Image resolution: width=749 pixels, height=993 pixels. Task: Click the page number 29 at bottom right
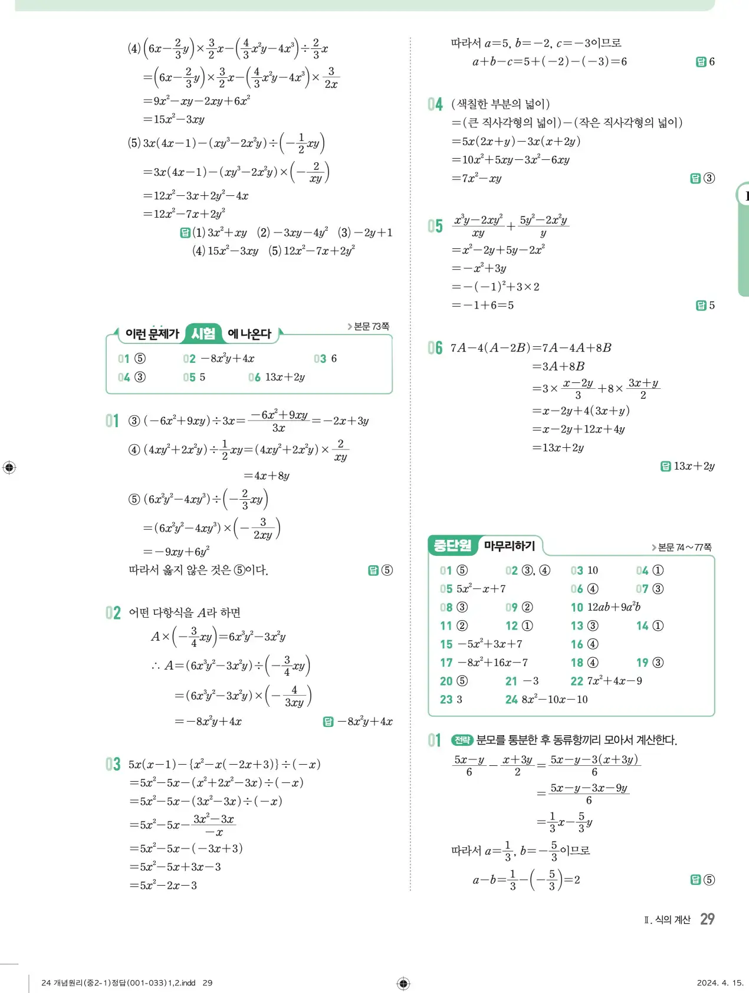point(707,919)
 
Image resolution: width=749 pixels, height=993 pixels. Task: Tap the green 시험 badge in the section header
point(203,334)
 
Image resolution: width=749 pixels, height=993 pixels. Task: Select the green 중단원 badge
point(452,545)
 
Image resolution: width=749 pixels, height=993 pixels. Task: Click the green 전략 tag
point(462,740)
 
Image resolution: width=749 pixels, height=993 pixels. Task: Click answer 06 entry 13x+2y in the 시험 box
point(277,377)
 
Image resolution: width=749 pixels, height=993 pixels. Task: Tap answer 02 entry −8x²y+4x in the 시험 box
point(219,359)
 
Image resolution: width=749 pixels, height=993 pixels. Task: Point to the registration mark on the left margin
point(9,468)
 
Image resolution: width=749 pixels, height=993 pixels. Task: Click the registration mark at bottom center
point(403,983)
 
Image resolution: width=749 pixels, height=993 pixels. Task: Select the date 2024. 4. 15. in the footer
point(720,983)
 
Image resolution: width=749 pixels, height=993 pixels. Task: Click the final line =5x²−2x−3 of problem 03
point(163,885)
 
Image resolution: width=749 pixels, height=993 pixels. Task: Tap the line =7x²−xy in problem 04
point(477,178)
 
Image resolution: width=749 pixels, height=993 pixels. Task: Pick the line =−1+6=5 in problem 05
point(482,305)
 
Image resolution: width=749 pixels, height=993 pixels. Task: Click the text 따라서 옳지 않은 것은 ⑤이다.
point(198,570)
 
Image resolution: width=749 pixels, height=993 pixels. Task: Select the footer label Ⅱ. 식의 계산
point(667,920)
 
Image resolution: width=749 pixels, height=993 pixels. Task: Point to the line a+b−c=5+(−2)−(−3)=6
point(550,61)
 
